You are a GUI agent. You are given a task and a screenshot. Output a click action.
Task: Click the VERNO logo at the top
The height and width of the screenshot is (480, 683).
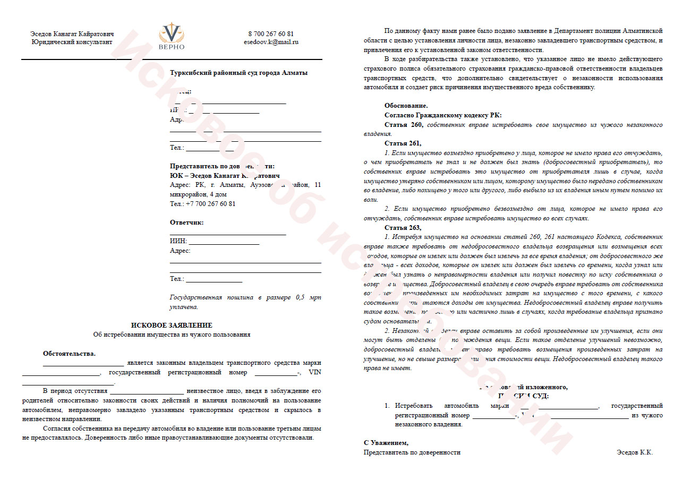(x=172, y=36)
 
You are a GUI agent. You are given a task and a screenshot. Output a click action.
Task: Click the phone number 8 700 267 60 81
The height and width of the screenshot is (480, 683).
(x=271, y=34)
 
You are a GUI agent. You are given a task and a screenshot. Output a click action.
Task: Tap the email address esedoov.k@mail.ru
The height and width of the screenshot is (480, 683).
(x=271, y=42)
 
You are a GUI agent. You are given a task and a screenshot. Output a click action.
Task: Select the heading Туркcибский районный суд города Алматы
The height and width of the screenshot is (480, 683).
(x=238, y=73)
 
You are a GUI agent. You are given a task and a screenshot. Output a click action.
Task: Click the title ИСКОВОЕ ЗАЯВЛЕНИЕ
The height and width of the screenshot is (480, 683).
(x=172, y=325)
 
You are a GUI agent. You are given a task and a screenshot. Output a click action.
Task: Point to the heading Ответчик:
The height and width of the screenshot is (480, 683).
(x=186, y=222)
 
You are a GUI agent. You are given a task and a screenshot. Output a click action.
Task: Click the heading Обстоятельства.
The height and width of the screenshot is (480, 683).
(x=69, y=354)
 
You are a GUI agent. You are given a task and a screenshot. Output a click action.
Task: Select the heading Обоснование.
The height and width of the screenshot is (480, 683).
(x=406, y=106)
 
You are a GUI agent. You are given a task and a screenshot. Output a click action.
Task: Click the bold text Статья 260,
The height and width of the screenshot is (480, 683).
(x=404, y=125)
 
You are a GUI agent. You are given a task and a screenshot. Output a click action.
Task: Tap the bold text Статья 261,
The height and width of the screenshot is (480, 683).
(x=403, y=143)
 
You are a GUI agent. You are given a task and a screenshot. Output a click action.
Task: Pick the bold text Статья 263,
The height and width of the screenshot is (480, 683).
(x=403, y=227)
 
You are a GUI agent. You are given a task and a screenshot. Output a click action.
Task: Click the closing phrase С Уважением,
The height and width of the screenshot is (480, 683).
(x=386, y=443)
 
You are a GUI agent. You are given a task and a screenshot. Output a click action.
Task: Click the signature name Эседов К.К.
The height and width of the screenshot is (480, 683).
(x=635, y=452)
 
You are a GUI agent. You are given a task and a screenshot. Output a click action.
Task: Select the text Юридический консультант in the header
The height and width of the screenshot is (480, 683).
(x=72, y=42)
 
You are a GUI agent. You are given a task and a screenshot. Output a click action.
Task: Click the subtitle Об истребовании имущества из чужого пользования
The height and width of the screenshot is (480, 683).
(x=172, y=335)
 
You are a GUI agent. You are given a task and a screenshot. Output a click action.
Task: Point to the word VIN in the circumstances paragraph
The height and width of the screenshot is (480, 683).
(x=315, y=372)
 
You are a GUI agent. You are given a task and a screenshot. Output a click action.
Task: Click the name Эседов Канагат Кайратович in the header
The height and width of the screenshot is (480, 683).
(x=72, y=34)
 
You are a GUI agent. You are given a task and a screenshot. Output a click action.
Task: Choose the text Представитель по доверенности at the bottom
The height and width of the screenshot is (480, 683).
(x=412, y=452)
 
